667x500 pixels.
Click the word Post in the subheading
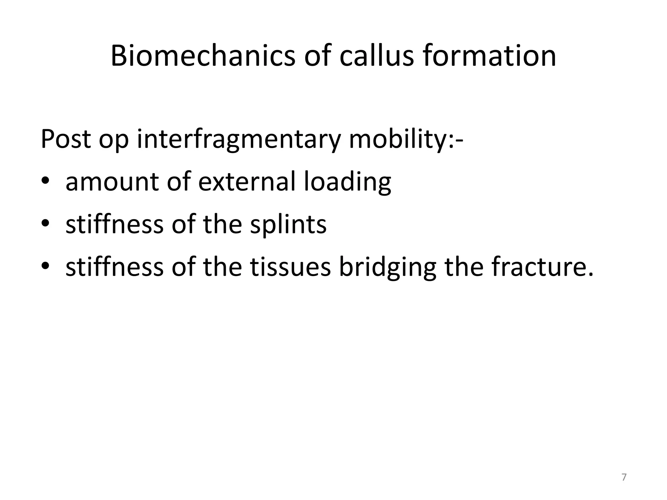65,139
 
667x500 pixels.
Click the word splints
288,225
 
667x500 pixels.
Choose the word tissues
291,267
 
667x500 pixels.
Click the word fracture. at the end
542,267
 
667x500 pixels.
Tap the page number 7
624,478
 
